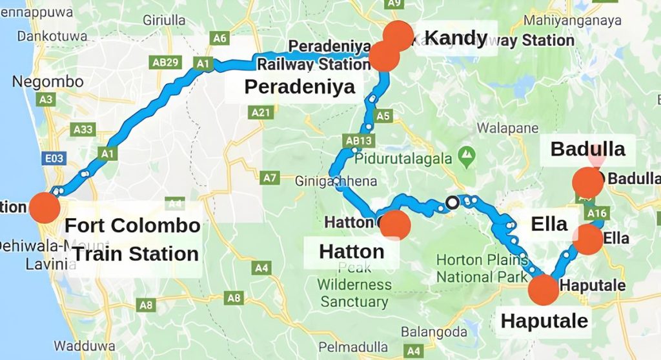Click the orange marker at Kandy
[x=398, y=35]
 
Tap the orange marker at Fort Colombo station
[x=44, y=208]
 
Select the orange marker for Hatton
[x=395, y=224]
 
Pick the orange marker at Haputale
[x=544, y=289]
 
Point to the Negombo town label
[x=48, y=82]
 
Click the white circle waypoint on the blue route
[x=453, y=203]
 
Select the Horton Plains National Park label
[x=477, y=268]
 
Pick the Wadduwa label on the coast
[x=94, y=345]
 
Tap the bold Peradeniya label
[x=300, y=86]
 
